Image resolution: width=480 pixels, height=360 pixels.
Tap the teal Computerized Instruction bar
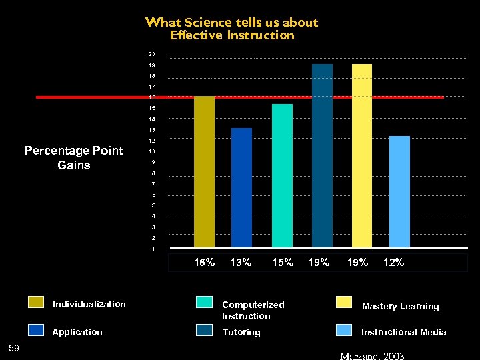(x=282, y=176)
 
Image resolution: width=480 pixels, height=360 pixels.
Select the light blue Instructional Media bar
(x=399, y=191)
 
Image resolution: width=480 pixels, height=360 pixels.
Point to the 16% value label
(x=204, y=263)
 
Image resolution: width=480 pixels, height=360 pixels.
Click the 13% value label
(x=241, y=263)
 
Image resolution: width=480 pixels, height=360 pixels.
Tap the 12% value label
(x=393, y=263)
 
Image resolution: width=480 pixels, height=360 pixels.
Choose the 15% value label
(x=283, y=263)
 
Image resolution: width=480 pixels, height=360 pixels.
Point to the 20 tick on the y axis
(x=152, y=54)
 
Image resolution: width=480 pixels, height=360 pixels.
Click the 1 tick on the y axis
(x=153, y=249)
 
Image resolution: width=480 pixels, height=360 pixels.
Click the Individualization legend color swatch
(x=37, y=304)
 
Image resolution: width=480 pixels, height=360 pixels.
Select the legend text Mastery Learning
(x=400, y=307)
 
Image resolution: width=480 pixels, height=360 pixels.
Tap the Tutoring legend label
(x=241, y=332)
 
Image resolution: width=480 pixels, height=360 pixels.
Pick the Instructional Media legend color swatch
(x=344, y=331)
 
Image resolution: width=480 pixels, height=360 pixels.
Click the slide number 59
(x=13, y=347)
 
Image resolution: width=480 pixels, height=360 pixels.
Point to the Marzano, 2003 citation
(x=372, y=355)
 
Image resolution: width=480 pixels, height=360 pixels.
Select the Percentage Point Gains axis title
(x=74, y=158)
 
